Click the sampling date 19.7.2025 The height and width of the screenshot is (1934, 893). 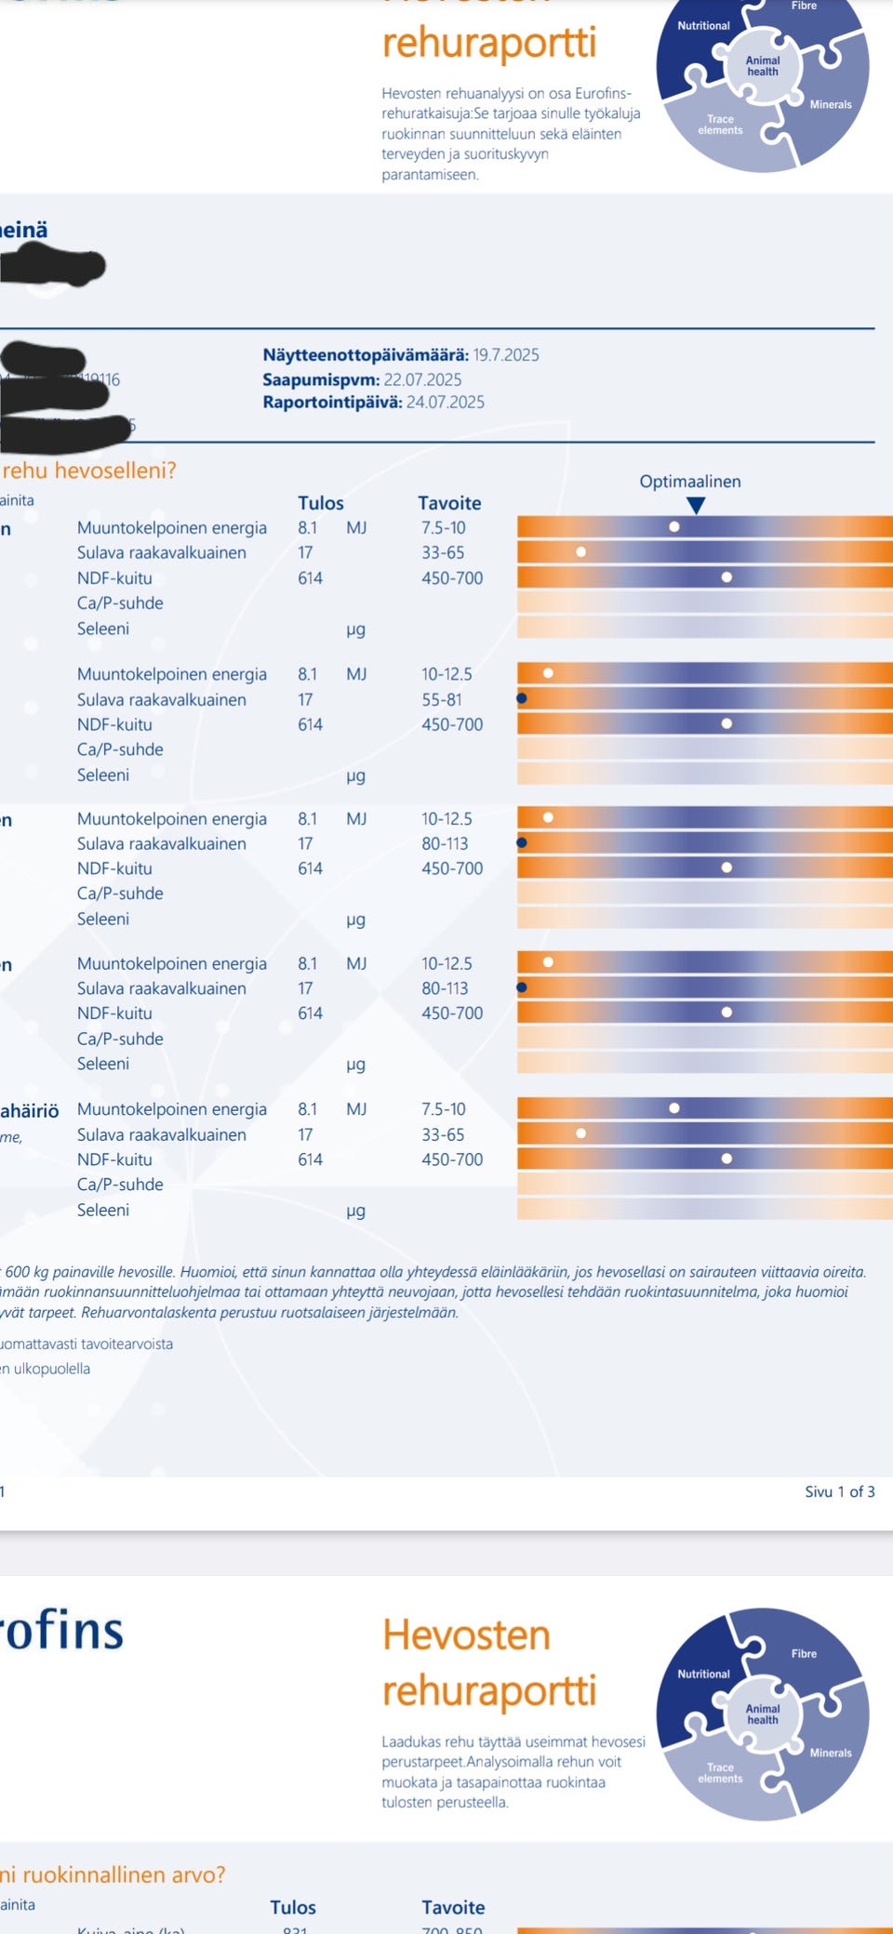(505, 355)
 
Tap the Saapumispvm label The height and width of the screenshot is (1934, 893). (321, 379)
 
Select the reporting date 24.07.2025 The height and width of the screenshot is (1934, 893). (445, 403)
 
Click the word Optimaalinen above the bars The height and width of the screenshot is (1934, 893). (689, 482)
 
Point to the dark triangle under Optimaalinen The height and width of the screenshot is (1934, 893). (695, 505)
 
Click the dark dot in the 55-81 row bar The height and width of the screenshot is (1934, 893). (522, 698)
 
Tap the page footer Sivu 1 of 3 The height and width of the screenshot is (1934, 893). (839, 1491)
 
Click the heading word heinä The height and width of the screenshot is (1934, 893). (24, 230)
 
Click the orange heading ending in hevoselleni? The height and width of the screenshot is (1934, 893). (88, 470)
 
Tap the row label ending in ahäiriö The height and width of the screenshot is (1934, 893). (30, 1110)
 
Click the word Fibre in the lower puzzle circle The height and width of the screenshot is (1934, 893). (804, 1653)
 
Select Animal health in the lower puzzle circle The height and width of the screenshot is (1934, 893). (762, 1714)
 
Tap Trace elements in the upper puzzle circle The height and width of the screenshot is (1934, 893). (720, 125)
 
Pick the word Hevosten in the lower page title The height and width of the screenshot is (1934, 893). (466, 1635)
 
